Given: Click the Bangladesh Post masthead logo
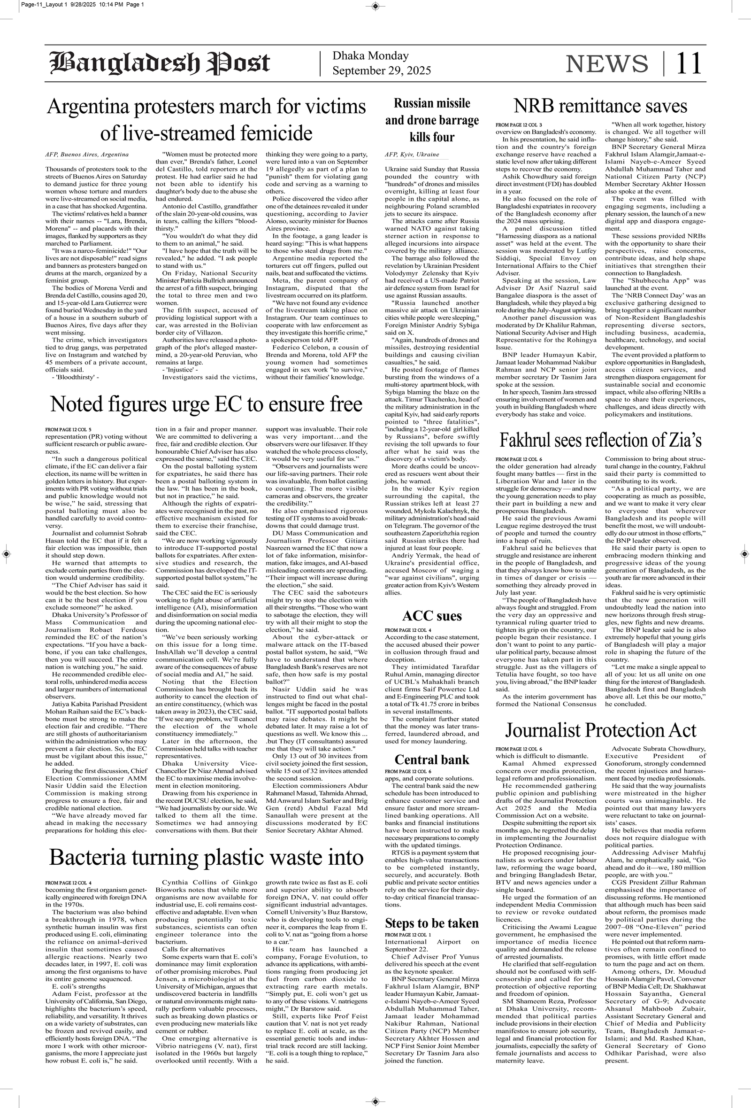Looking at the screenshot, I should [160, 63].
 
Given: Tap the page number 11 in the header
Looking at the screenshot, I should [689, 63].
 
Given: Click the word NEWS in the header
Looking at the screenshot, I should [606, 64].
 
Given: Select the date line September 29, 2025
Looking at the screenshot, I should [381, 70].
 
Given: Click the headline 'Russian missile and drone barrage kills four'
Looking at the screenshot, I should [432, 120].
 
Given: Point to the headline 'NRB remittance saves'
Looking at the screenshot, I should [600, 105].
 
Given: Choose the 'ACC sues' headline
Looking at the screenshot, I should [432, 615].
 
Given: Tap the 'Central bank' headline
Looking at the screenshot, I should [432, 759].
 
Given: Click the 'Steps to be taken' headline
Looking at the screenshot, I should [432, 923].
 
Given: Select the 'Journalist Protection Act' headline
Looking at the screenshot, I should [600, 730].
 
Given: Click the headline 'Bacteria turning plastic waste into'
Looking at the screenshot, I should [207, 857].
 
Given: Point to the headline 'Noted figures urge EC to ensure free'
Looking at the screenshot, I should [207, 404].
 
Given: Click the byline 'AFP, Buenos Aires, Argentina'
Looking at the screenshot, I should [87, 155].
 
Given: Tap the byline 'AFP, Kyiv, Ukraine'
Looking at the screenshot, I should [412, 155].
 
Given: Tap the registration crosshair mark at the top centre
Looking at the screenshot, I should [375, 6].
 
